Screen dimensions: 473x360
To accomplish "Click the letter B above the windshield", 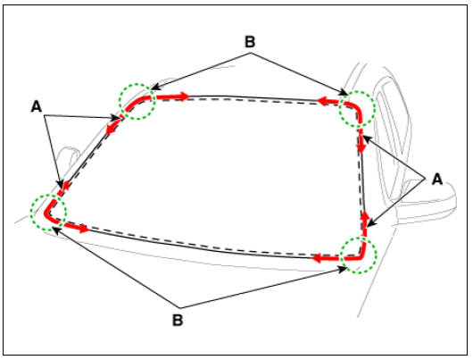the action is [250, 42].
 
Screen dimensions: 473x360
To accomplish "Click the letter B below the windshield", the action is [178, 320].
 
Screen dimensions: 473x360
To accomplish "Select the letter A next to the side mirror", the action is [437, 180].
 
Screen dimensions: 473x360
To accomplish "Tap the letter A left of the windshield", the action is [37, 106].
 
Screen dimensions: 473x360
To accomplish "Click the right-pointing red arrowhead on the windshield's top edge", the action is [185, 96].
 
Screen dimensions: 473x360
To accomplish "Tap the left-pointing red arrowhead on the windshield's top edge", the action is [321, 101].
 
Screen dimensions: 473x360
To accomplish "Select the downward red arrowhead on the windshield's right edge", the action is [361, 148].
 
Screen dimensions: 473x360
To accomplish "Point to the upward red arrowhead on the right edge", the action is [365, 216].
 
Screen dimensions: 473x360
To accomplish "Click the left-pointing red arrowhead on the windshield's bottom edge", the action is [316, 258].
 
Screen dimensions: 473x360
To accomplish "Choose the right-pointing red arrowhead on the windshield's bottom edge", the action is [84, 229].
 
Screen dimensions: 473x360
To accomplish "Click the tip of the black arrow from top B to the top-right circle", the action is [348, 95].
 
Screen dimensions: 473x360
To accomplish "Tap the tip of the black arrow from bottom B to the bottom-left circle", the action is [53, 228].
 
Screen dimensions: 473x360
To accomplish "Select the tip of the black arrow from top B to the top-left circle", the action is [150, 89].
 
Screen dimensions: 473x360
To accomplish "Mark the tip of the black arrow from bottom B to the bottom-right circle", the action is [347, 267].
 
